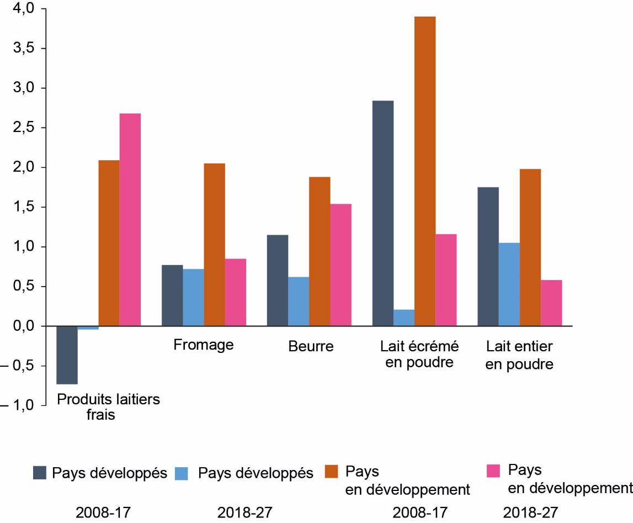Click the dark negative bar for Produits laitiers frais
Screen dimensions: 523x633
(67, 355)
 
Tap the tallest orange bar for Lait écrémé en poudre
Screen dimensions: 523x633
(425, 171)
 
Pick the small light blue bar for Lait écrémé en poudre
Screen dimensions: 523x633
(404, 318)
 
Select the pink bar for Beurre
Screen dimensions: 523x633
(341, 265)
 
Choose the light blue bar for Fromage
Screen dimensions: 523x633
(193, 298)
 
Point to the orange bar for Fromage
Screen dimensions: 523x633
(215, 245)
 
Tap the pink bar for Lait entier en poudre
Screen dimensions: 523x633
(551, 303)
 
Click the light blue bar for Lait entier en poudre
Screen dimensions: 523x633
(509, 284)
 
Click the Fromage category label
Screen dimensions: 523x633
(204, 345)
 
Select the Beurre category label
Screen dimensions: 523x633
(311, 347)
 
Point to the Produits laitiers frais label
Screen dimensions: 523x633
(108, 407)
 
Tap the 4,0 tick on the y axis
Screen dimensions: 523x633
(20, 9)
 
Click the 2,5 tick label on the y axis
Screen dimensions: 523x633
(20, 128)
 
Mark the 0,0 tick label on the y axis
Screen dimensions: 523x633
(20, 326)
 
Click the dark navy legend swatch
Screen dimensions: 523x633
(40, 473)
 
